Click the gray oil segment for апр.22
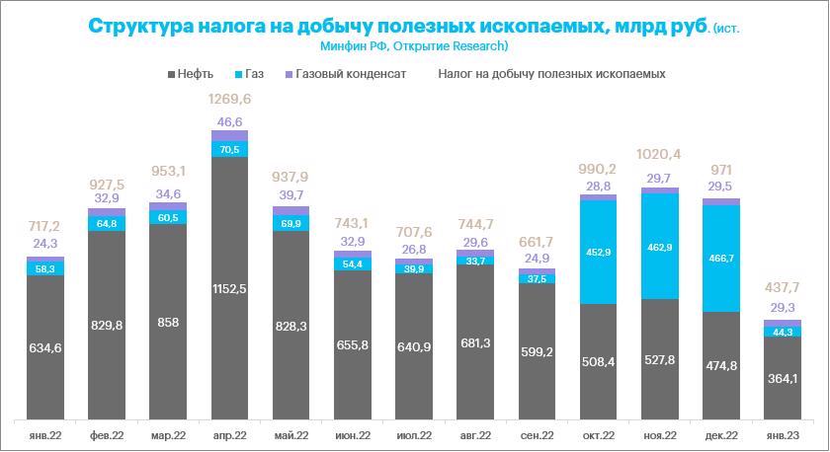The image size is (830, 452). [229, 286]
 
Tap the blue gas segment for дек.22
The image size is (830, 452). [721, 258]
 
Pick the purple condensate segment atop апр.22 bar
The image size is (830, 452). [229, 134]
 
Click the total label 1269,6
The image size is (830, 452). [229, 100]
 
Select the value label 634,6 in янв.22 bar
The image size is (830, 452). [45, 347]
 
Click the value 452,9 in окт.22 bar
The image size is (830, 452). [599, 252]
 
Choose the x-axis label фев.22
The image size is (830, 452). [107, 435]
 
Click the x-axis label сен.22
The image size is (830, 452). [538, 435]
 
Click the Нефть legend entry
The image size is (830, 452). [197, 74]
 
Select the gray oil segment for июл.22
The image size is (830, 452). [414, 345]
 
